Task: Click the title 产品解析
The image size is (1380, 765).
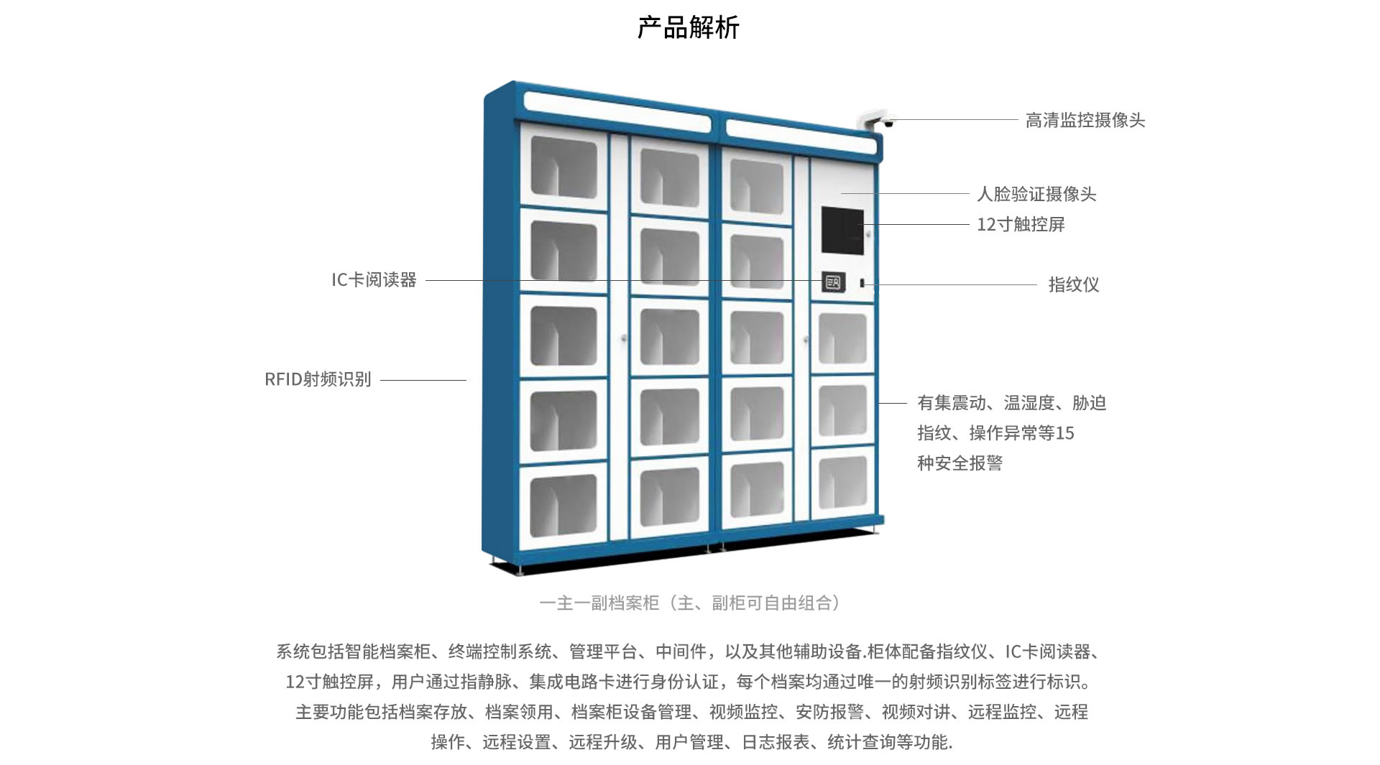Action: tap(688, 27)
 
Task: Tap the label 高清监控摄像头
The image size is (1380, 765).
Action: tap(1085, 120)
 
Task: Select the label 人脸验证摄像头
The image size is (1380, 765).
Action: tap(1036, 194)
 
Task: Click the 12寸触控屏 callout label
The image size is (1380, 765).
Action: tap(1021, 224)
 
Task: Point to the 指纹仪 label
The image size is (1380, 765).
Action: tap(1073, 284)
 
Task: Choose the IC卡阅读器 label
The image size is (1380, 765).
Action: tap(374, 279)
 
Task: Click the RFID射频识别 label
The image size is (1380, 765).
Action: tap(318, 379)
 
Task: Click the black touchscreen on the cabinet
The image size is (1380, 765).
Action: tap(842, 231)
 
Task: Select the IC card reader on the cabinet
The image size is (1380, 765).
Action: tap(833, 282)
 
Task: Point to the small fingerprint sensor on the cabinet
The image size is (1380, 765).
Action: tap(862, 283)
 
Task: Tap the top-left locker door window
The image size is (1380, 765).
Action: tap(563, 167)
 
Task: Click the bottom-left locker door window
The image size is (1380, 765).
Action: tap(563, 506)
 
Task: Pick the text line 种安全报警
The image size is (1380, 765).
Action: tap(960, 463)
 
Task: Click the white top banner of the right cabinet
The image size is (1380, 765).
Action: tap(801, 138)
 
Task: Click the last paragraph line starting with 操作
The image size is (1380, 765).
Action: tap(691, 742)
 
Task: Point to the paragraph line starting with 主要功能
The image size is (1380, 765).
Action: tap(691, 712)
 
